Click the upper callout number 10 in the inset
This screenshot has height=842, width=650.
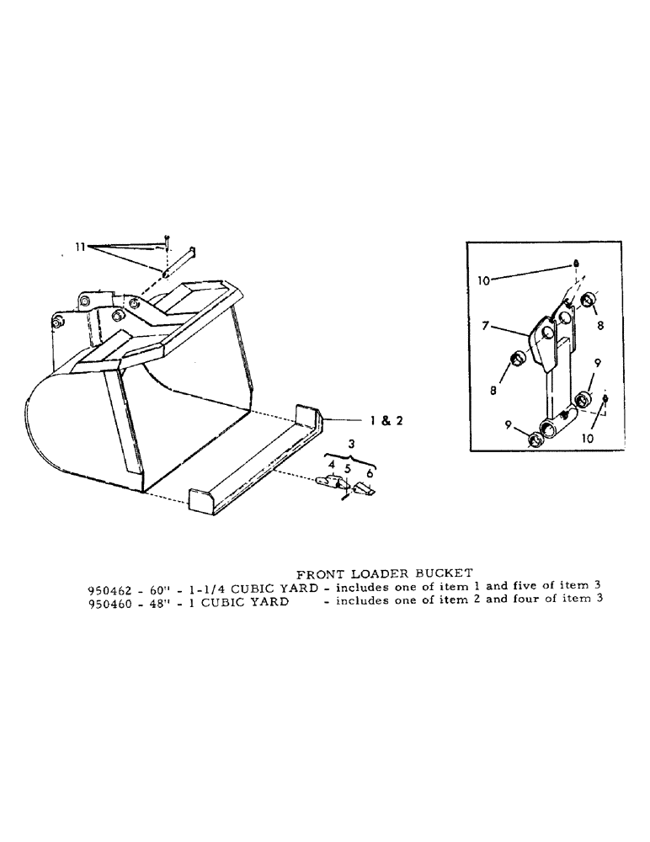coord(484,280)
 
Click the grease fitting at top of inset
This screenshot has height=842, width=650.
coord(575,264)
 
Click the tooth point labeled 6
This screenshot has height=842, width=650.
coord(364,488)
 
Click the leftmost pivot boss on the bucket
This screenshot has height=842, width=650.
coord(57,323)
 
